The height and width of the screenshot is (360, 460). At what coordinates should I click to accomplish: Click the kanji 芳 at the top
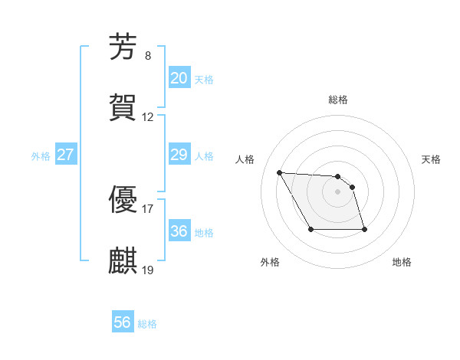[123, 47]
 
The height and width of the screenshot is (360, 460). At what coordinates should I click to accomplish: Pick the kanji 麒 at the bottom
[123, 260]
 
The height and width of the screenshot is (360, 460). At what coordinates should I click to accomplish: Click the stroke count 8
[148, 56]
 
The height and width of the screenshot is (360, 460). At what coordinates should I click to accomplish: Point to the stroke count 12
[148, 117]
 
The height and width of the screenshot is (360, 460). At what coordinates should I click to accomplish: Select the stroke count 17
[148, 208]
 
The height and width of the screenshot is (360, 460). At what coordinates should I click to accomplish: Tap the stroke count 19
[148, 270]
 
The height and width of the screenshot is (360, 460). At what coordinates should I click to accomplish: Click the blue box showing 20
[179, 78]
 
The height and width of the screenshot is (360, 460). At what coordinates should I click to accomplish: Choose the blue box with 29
[179, 155]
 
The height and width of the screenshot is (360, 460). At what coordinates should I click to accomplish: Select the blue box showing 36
[179, 231]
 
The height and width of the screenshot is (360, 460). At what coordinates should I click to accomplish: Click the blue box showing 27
[65, 155]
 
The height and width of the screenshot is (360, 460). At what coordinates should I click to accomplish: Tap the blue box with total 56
[123, 323]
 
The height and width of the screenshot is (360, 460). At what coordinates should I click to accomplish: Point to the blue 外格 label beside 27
[41, 156]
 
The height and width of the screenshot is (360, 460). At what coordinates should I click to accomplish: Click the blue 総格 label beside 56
[147, 324]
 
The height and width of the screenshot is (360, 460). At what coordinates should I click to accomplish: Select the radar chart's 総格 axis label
[338, 100]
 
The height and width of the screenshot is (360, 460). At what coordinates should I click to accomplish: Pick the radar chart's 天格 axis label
[432, 159]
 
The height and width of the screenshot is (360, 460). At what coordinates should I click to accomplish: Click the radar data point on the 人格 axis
[280, 172]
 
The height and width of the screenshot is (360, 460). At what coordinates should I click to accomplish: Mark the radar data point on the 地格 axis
[364, 230]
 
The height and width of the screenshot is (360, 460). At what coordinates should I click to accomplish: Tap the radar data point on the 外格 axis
[310, 230]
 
